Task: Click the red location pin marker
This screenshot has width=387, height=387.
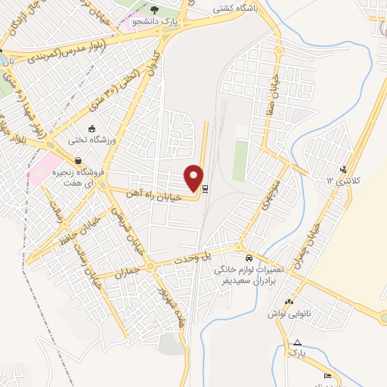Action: pos(194,177)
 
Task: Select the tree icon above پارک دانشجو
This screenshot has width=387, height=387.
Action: pos(154,10)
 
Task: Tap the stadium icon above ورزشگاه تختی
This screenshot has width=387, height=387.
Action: pos(91,128)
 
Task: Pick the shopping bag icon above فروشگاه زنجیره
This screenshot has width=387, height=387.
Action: pos(78,159)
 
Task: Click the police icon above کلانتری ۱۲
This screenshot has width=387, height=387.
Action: pos(345,169)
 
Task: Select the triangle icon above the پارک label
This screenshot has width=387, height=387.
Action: pos(298,342)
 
